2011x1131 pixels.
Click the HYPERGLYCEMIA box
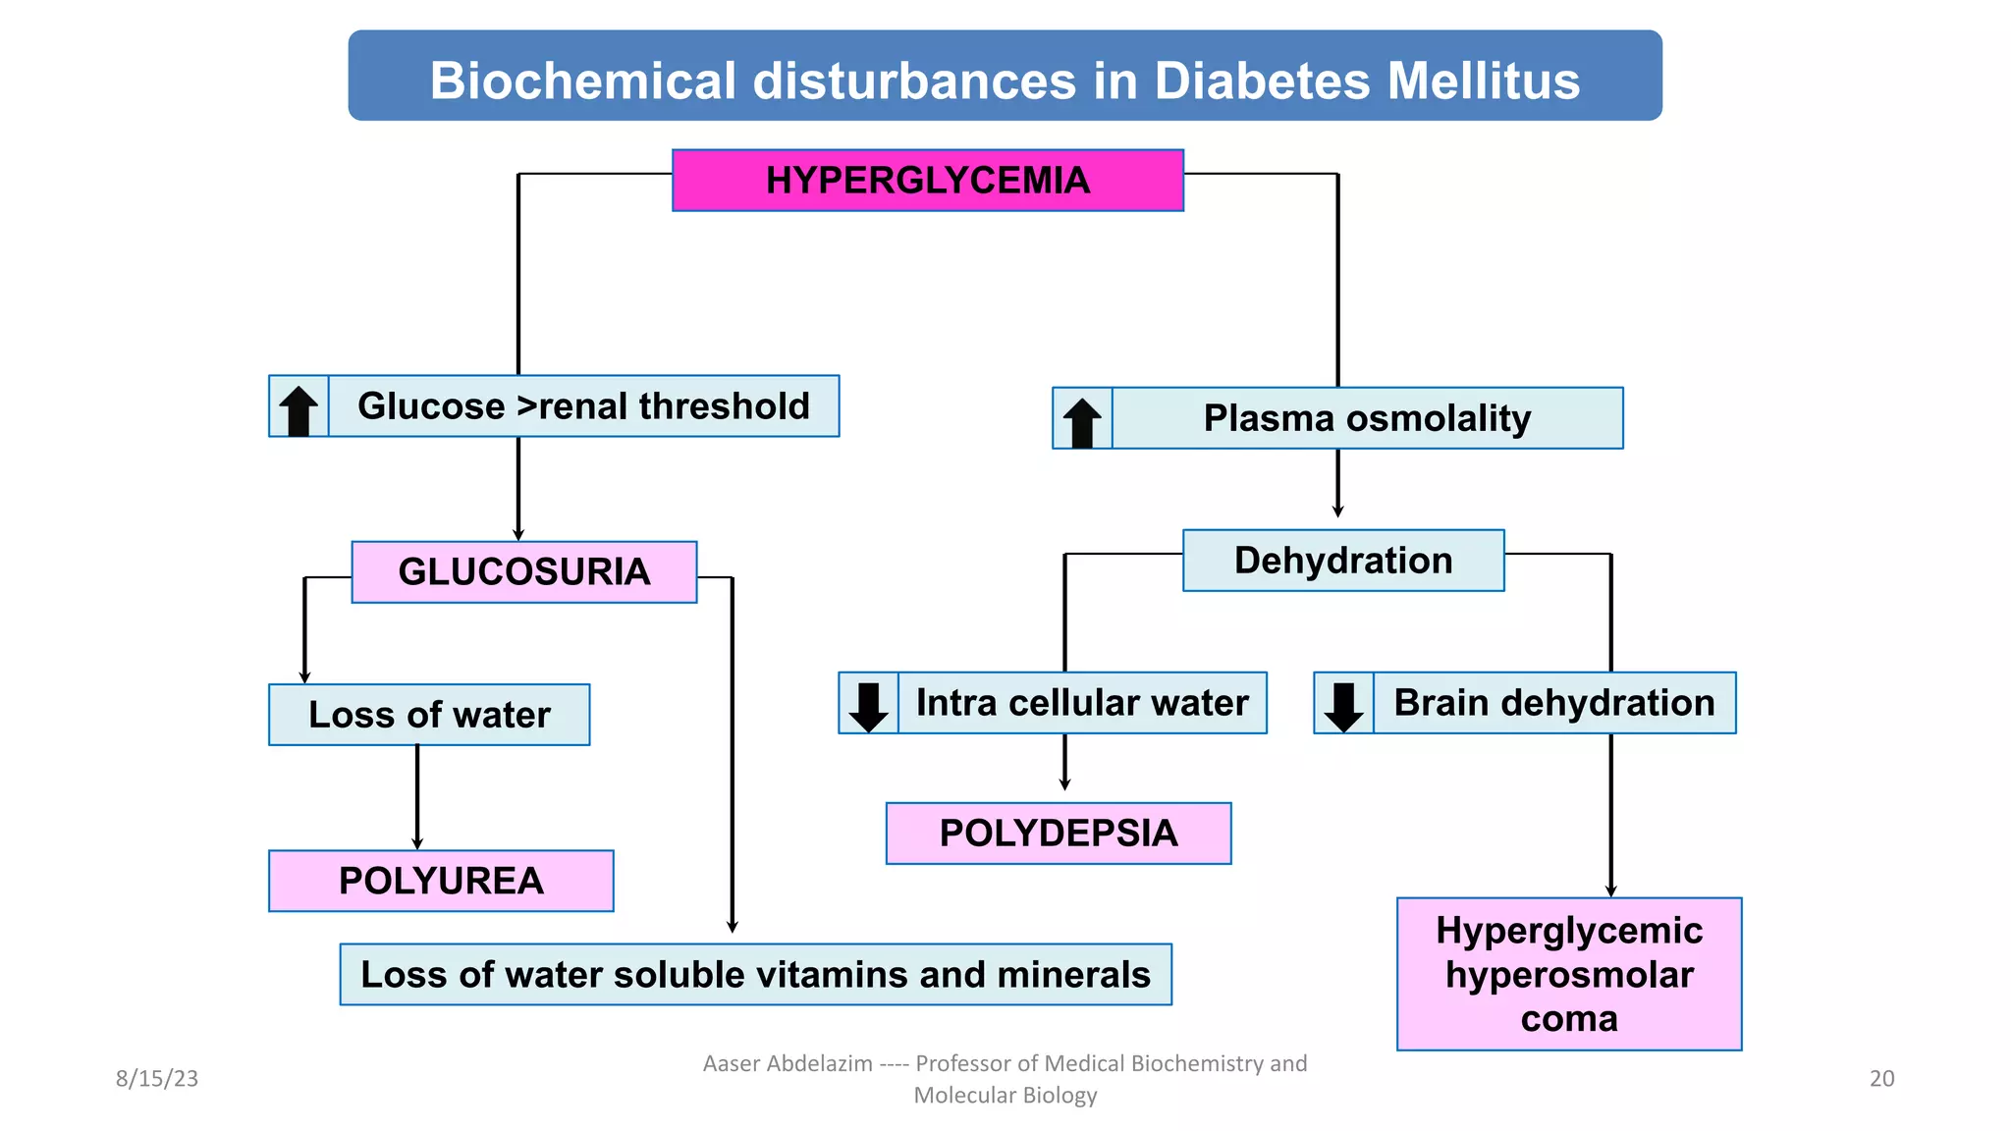pyautogui.click(x=927, y=181)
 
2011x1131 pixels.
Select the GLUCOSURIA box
pyautogui.click(x=523, y=572)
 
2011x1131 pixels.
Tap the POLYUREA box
pyautogui.click(x=441, y=881)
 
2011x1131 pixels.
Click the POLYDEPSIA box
pyautogui.click(x=1058, y=834)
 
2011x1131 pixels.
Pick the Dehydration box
pyautogui.click(x=1342, y=561)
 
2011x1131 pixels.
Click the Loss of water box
pyautogui.click(x=429, y=715)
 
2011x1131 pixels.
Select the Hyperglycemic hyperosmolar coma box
pyautogui.click(x=1568, y=974)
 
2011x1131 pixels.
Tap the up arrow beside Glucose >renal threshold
pyautogui.click(x=299, y=409)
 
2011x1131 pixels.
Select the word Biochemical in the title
pyautogui.click(x=582, y=81)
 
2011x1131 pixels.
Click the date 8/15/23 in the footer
pyautogui.click(x=157, y=1078)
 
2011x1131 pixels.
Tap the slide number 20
pyautogui.click(x=1881, y=1078)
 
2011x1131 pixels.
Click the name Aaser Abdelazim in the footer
pyautogui.click(x=788, y=1063)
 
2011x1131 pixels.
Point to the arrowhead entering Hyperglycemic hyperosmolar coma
pyautogui.click(x=1610, y=890)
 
